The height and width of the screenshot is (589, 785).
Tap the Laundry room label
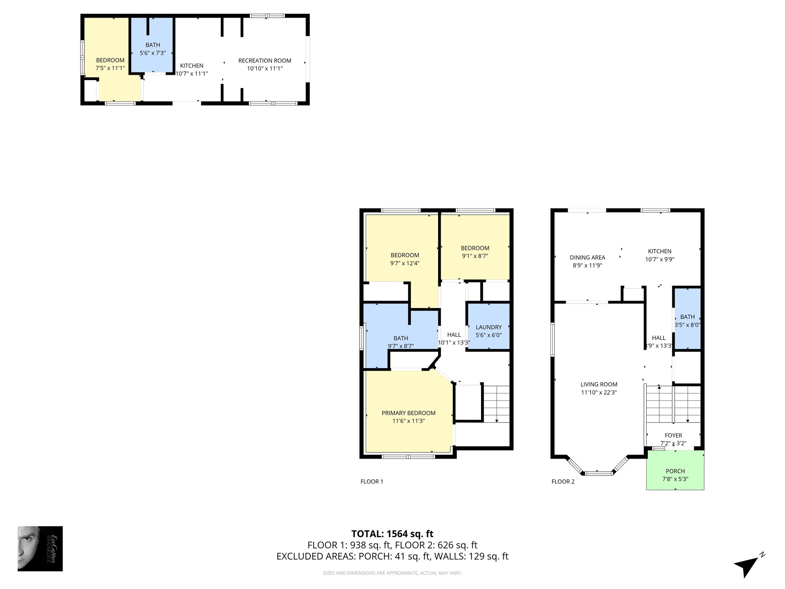click(489, 327)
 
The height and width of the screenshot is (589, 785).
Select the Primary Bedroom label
click(409, 413)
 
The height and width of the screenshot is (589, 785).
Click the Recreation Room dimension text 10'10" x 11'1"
click(265, 69)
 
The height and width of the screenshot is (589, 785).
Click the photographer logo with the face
click(40, 548)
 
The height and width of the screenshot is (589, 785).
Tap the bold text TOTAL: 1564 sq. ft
click(392, 534)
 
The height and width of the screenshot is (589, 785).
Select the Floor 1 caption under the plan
click(372, 482)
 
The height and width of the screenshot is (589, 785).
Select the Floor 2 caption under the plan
click(563, 482)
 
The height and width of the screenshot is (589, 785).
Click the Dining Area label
click(587, 258)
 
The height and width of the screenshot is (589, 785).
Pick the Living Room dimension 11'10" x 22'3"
click(599, 392)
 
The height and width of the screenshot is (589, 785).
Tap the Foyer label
click(673, 436)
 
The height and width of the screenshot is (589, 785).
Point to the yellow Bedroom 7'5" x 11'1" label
click(110, 60)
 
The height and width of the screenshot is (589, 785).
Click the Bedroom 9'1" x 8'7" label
click(475, 248)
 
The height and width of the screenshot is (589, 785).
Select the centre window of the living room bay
click(599, 473)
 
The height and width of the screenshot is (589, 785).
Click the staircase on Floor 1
click(497, 404)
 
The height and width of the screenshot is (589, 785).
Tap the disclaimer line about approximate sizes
click(392, 573)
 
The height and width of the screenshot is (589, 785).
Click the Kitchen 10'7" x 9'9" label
click(660, 252)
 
